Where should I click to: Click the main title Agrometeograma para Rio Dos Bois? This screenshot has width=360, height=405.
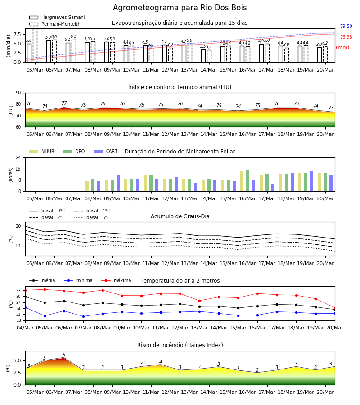(x=180, y=8)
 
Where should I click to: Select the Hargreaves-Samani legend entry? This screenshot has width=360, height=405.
(x=57, y=17)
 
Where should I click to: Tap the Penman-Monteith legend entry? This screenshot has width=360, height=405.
(x=55, y=24)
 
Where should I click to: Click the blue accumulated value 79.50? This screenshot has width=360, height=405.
(x=346, y=27)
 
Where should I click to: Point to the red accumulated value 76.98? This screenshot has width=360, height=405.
(x=346, y=37)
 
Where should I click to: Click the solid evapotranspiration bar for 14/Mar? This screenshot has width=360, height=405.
(x=203, y=56)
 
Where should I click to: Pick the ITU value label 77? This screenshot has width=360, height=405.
(x=64, y=103)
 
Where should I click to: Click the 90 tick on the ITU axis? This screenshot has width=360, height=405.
(x=18, y=93)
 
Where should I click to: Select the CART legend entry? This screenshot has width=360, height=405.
(x=106, y=151)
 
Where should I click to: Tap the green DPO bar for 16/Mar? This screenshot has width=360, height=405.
(x=247, y=181)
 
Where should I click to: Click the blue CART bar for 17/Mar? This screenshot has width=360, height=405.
(x=273, y=188)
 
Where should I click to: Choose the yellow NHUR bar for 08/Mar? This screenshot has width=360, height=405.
(x=87, y=186)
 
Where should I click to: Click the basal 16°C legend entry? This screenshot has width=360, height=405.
(x=92, y=217)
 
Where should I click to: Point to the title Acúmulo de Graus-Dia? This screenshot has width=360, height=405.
(x=180, y=216)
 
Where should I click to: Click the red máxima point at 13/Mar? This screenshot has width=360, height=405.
(x=199, y=301)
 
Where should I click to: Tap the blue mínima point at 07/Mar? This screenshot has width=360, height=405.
(x=83, y=316)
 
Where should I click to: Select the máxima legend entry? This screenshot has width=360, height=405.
(x=116, y=280)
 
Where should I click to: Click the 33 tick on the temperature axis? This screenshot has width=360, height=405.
(x=18, y=291)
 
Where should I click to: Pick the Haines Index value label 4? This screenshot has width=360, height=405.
(x=161, y=362)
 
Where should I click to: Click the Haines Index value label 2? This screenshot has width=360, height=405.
(x=257, y=370)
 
